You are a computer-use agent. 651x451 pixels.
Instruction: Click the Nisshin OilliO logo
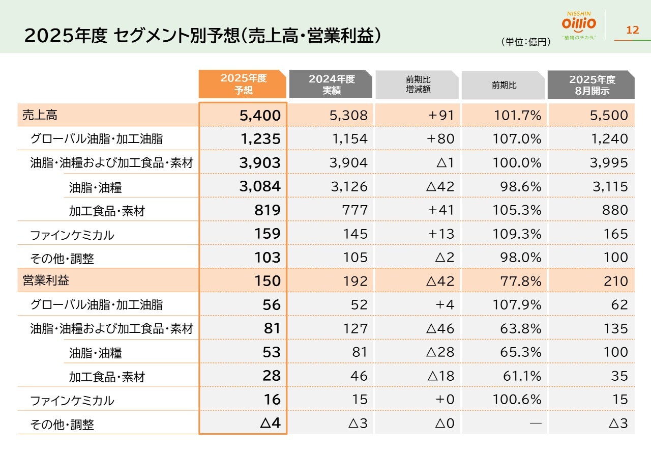pos(579,25)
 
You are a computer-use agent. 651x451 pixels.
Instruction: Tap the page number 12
pos(632,30)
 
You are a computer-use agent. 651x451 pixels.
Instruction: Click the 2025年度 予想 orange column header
pos(243,84)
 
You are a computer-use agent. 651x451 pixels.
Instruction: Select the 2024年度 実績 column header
pos(331,84)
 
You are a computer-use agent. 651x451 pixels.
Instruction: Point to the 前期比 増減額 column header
pos(418,84)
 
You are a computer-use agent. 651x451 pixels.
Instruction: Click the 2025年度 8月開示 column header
pos(591,84)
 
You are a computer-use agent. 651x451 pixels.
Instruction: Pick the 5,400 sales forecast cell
pos(260,116)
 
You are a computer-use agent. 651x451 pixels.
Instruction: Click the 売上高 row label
pos(40,116)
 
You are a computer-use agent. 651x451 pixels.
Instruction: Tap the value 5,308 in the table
pos(349,116)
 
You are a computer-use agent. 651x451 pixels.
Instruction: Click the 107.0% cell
pos(517,138)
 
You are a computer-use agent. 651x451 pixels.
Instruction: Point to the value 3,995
pos(609,163)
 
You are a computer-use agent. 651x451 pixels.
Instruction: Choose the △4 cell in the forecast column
pos(270,423)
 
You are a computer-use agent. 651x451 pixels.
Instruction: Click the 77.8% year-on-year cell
pos(521,281)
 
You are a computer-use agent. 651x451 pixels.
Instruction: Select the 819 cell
pos(268,210)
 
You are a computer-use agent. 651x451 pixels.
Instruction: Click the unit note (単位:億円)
pos(526,42)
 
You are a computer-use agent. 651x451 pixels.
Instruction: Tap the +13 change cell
pos(441,234)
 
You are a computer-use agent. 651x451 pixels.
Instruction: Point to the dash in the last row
pos(536,423)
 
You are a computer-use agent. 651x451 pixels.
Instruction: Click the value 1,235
pos(260,138)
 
